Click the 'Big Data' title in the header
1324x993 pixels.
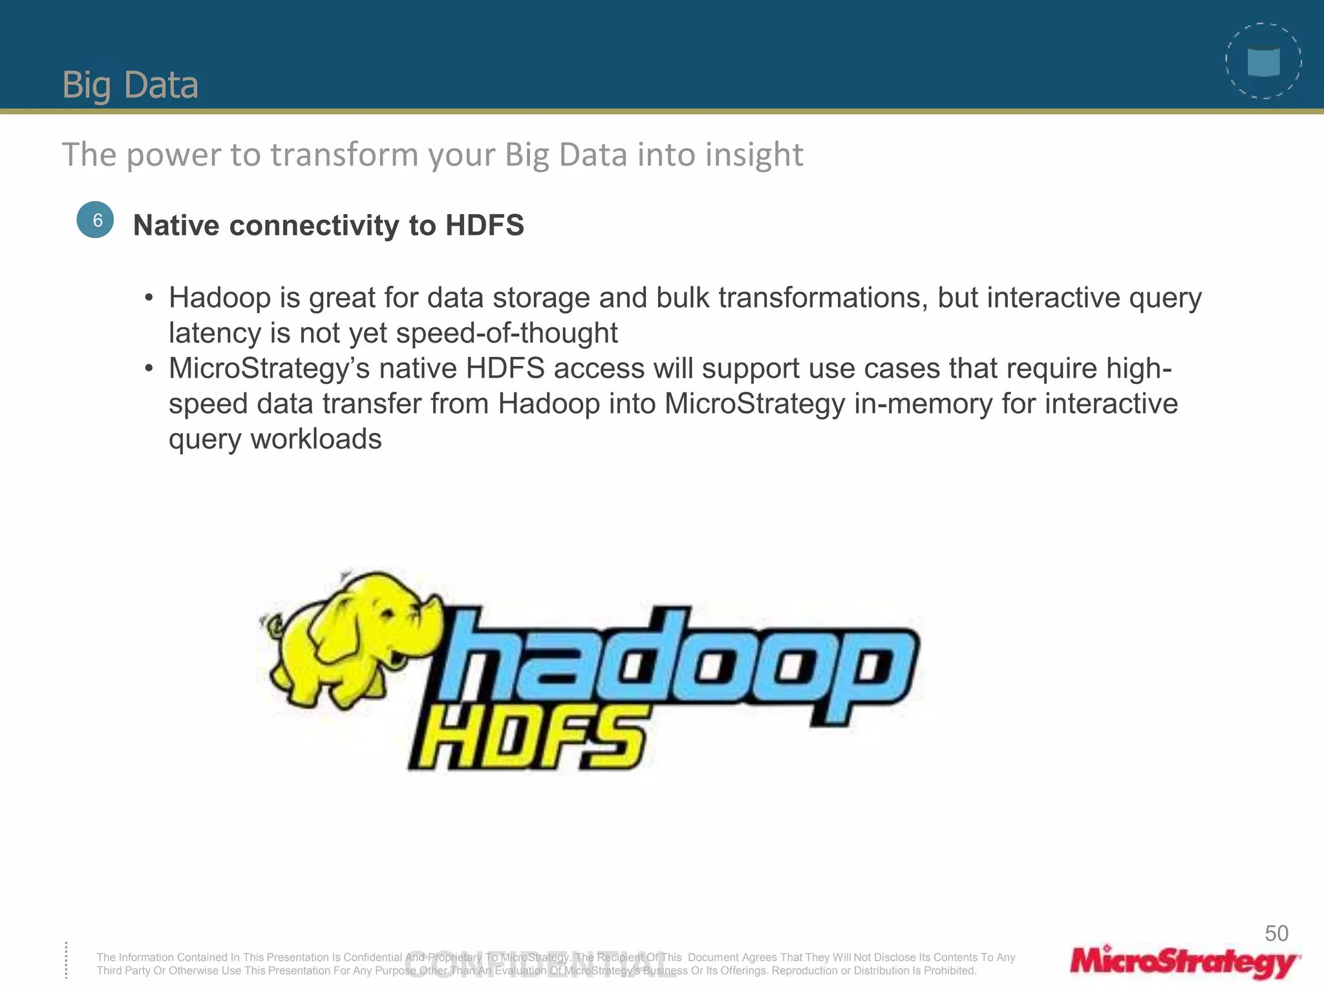pos(130,85)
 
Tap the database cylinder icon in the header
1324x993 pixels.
pos(1263,62)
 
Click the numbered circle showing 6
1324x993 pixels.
pos(96,220)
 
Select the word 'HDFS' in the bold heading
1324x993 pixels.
pos(484,226)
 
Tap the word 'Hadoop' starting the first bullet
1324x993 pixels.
pos(220,298)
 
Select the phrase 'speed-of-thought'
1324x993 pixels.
pos(506,333)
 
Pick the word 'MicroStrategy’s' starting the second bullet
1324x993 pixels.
pos(270,368)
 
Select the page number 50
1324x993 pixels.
pos(1276,934)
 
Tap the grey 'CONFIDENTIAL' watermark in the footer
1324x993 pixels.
pos(540,965)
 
